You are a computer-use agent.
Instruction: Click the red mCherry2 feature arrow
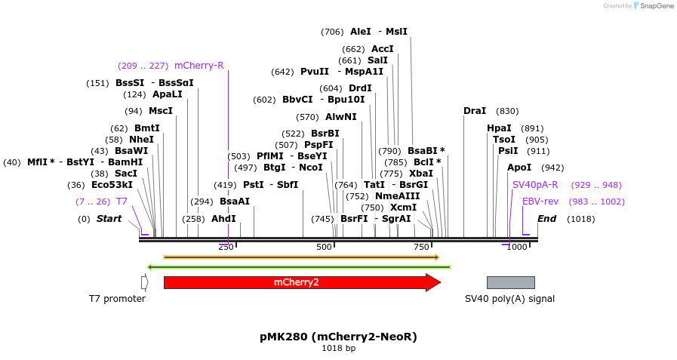pos(301,282)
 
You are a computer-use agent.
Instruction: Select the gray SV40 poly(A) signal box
pos(510,282)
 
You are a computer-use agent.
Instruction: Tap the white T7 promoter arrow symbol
pos(144,282)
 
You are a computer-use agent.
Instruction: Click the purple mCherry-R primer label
pos(198,66)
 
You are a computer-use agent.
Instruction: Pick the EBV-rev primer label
pos(540,202)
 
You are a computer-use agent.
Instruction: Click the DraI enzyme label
pos(475,111)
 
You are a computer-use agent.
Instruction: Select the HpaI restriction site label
pos(499,128)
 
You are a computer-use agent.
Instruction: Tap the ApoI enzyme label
pos(519,168)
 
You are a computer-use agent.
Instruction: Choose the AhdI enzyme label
pos(223,219)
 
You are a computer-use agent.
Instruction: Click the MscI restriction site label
pos(160,111)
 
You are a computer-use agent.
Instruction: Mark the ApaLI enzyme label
pos(168,94)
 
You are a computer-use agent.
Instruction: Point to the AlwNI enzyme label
pos(340,117)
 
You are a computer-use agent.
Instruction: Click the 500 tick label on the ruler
pos(324,248)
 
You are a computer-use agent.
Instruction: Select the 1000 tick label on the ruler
pos(517,248)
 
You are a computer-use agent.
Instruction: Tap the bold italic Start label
pos(109,219)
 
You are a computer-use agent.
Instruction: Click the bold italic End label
pos(546,219)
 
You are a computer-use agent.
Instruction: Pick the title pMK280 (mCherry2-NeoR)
pos(338,337)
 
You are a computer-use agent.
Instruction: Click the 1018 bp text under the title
pos(338,349)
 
